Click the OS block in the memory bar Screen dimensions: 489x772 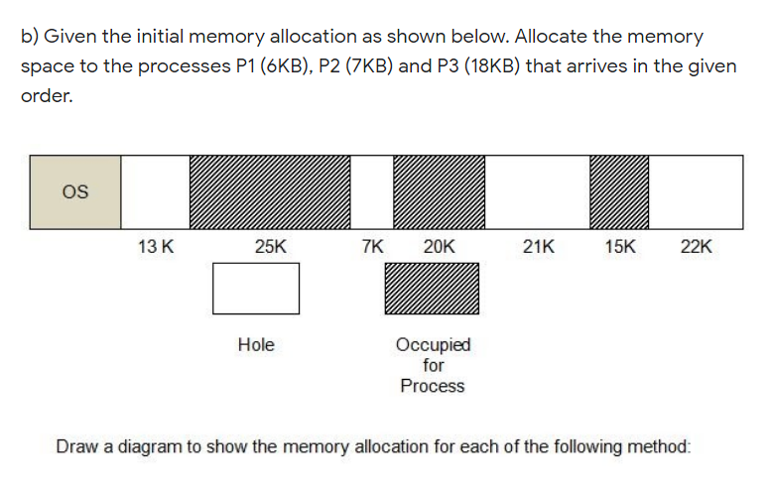[x=75, y=191]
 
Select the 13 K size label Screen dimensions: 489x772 [x=157, y=247]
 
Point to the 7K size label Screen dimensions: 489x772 [x=372, y=247]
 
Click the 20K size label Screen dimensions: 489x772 [x=439, y=247]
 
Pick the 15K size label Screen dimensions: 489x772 [x=620, y=247]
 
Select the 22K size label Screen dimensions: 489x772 [x=697, y=247]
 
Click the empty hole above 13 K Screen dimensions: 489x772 [x=156, y=191]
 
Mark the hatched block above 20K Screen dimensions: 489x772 [x=439, y=191]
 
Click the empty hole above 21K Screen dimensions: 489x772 [x=538, y=191]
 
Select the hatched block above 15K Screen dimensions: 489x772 [x=619, y=191]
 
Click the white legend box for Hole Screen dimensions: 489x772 [x=256, y=289]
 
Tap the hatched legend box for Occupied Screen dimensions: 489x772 [x=432, y=289]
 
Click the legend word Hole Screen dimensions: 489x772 [x=256, y=345]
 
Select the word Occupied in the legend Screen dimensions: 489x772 [x=434, y=345]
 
